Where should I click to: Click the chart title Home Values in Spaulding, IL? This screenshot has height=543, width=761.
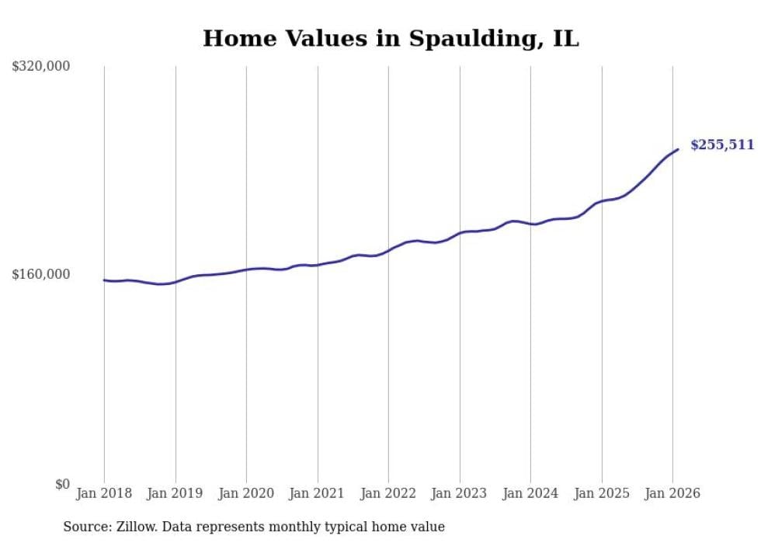pos(391,39)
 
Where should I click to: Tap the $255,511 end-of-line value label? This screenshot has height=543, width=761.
pos(721,144)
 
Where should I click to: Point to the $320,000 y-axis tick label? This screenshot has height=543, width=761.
pos(41,67)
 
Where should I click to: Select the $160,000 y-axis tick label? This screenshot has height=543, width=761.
pos(41,274)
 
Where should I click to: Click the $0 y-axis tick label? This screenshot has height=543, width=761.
pos(62,484)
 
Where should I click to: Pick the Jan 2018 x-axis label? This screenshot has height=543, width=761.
pos(104,493)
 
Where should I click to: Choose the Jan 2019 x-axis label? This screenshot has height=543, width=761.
pos(175,493)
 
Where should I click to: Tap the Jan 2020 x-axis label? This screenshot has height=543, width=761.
pos(246,493)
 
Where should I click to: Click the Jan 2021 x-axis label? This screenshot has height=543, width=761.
pos(317,493)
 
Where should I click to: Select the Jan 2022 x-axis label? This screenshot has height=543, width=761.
pos(388,493)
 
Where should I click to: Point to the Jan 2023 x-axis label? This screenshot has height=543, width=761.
pos(459,493)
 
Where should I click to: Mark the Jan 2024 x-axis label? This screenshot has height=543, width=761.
pos(530,493)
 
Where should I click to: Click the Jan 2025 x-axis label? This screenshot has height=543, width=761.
pos(601,493)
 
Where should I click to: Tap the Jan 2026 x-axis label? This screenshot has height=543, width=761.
pos(672,493)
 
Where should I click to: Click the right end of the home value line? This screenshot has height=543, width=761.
pos(678,149)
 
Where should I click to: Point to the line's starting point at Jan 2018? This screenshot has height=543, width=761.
pos(104,280)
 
